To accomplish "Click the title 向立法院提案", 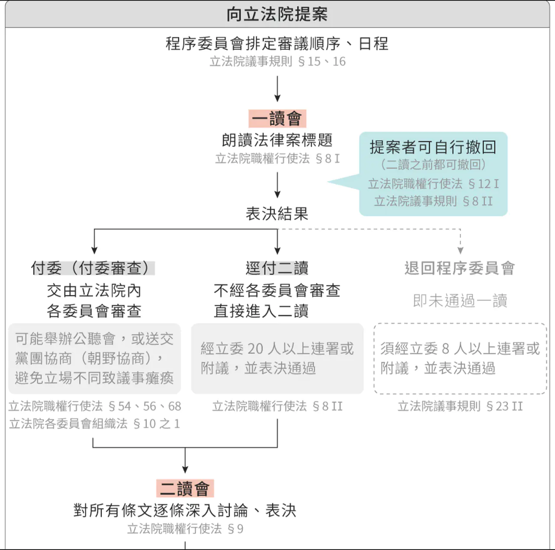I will tap(277, 14).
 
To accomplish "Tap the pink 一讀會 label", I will tap(277, 118).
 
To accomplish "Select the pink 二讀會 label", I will tap(185, 488).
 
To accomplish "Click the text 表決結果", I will tap(277, 213).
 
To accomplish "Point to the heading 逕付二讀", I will tap(277, 268).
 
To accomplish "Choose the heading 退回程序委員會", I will tap(460, 268).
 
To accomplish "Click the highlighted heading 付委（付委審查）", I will tap(93, 268).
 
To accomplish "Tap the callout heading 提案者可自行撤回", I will tap(433, 147).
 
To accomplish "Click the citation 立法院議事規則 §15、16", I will tap(277, 62).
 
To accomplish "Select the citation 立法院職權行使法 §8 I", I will tap(277, 159).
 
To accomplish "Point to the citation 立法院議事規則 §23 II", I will tap(460, 406).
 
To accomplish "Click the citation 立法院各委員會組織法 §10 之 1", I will tap(94, 423).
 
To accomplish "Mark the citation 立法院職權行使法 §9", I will tap(185, 529).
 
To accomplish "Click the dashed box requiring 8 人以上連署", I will tap(460, 358).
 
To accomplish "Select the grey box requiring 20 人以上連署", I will tap(277, 358).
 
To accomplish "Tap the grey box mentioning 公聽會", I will tap(94, 358).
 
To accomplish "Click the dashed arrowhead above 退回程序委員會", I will tap(460, 250).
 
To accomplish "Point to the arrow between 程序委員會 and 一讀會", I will tap(277, 89).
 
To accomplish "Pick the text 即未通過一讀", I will tap(460, 300).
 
